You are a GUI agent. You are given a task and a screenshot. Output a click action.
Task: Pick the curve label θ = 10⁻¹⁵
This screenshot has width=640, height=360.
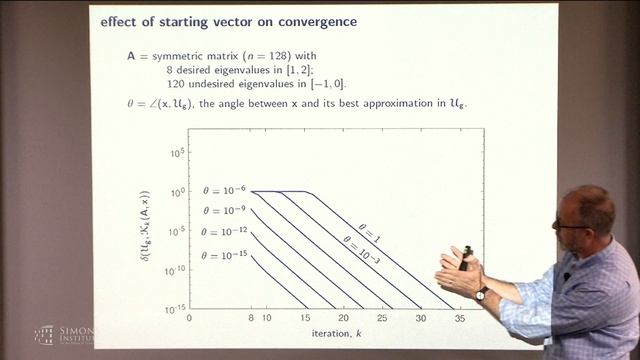pyautogui.click(x=221, y=255)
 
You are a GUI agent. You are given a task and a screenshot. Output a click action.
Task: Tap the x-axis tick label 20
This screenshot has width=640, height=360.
pyautogui.click(x=342, y=317)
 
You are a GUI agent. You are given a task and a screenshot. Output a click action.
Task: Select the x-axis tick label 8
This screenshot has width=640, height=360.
pyautogui.click(x=250, y=317)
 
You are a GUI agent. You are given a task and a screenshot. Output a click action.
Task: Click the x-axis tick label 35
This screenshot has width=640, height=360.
pyautogui.click(x=458, y=317)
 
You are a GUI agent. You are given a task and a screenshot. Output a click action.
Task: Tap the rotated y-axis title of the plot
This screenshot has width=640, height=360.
pyautogui.click(x=147, y=229)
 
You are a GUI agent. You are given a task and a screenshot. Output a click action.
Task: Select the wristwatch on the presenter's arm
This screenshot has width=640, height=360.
pyautogui.click(x=482, y=294)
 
